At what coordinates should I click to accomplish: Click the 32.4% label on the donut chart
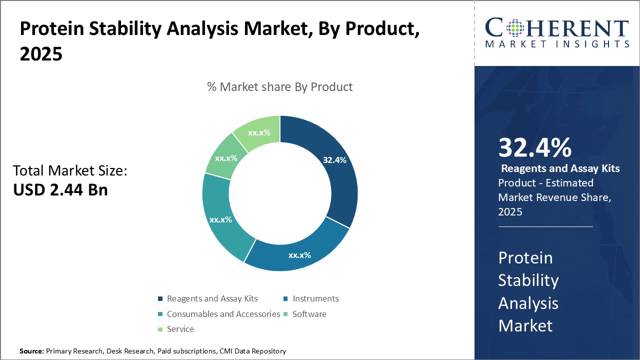pos(334,160)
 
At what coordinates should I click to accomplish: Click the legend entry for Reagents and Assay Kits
pos(212,298)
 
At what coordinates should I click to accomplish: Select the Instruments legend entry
pos(315,298)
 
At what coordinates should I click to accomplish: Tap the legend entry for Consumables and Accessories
pos(223,314)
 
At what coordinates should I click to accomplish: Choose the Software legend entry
pos(309,314)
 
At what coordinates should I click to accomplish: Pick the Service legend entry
pos(180,329)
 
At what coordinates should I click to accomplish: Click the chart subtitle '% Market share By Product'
pos(279,86)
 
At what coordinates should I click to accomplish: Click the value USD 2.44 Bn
pos(60,189)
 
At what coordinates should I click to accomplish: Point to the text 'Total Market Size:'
pos(70,171)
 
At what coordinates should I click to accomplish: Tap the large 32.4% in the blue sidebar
pos(534,148)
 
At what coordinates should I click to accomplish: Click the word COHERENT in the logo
pos(557,28)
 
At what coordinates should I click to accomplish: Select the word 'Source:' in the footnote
pos(31,351)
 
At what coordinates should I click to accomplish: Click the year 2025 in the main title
pos(41,53)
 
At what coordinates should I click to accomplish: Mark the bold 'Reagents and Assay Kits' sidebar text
pos(560,168)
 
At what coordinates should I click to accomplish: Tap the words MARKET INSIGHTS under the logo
pos(557,44)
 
